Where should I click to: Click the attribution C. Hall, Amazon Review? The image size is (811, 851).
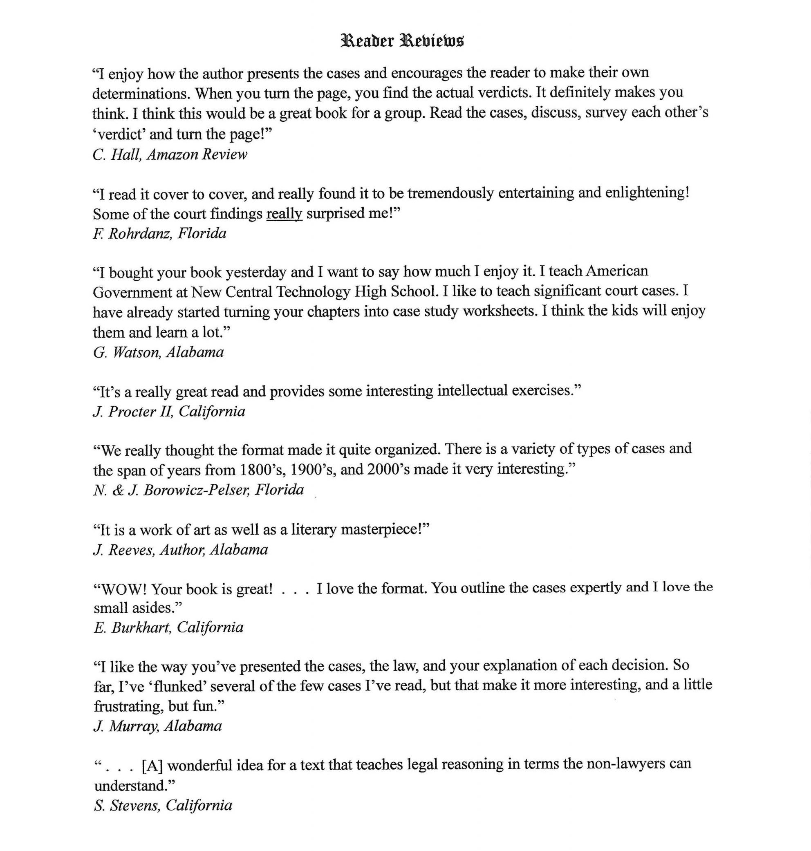170,154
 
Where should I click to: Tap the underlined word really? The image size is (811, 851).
284,213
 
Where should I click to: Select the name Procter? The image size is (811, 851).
132,412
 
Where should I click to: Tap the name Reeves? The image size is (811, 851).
131,550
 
